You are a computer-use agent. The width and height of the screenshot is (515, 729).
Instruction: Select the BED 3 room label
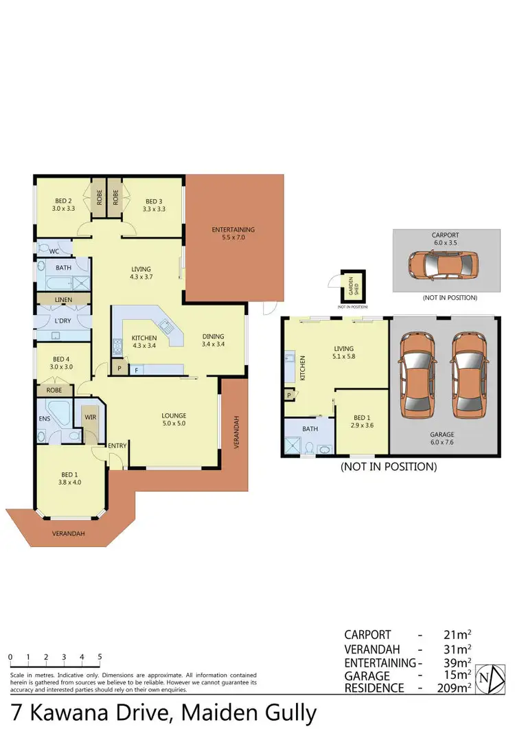tap(154, 205)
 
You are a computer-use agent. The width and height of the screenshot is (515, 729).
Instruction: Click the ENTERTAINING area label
tap(233, 233)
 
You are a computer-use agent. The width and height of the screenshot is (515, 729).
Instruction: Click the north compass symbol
tap(485, 678)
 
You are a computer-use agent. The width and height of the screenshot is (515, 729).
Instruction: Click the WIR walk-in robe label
tap(90, 416)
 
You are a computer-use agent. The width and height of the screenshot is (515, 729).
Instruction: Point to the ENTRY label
tap(117, 446)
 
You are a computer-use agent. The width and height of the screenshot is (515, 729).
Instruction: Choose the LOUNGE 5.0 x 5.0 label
tap(174, 419)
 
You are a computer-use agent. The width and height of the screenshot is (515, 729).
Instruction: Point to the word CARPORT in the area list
tap(367, 635)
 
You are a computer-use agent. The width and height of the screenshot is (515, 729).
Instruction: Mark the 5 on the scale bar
tap(100, 657)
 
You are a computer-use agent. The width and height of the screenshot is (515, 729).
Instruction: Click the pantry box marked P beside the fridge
tap(119, 369)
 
